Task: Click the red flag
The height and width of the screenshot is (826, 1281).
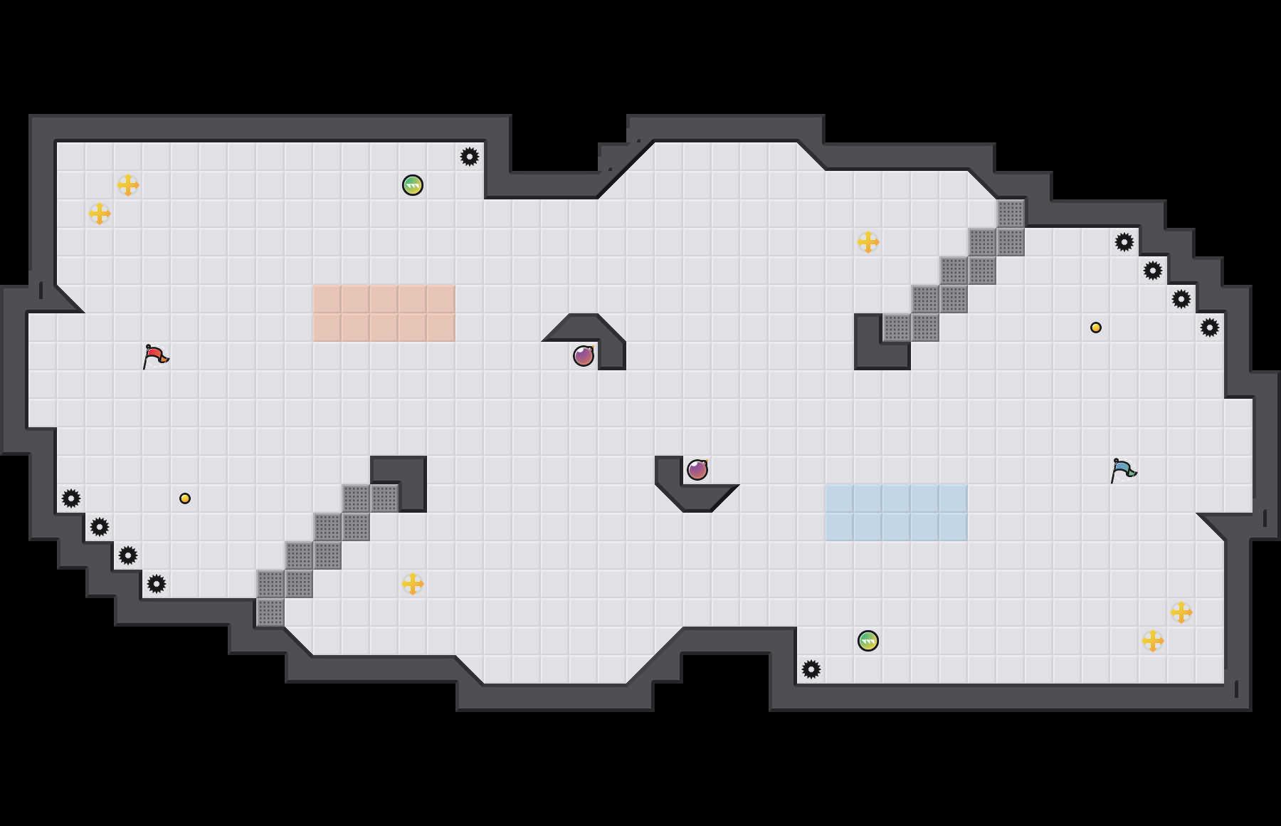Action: (x=155, y=356)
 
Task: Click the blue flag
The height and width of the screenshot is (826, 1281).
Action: (x=1123, y=470)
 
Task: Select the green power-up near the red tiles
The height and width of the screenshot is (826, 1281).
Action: (x=413, y=185)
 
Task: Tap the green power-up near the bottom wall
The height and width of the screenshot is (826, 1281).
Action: (x=868, y=641)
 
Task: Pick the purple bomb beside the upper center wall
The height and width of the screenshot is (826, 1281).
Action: (x=584, y=356)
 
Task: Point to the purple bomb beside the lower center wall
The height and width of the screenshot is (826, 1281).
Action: (x=697, y=470)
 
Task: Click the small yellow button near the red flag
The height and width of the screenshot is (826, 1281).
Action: (x=185, y=498)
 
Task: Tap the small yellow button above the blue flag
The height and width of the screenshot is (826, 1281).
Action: (x=1096, y=328)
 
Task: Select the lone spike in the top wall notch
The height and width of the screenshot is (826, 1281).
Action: (x=470, y=157)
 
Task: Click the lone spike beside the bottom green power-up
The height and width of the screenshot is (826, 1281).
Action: (x=811, y=669)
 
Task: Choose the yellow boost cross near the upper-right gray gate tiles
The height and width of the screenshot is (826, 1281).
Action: (x=868, y=242)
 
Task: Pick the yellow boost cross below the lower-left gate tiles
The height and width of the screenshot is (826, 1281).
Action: (x=413, y=584)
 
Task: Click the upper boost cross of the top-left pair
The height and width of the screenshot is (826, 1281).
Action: (x=128, y=185)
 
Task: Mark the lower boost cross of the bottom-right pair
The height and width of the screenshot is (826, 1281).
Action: (x=1153, y=641)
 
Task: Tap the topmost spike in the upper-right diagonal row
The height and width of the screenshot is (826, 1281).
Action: (x=1124, y=242)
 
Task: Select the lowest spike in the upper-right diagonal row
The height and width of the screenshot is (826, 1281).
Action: (x=1210, y=328)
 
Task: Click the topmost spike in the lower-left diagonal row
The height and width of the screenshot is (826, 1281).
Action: (x=71, y=498)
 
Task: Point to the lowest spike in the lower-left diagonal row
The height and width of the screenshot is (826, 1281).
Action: (x=157, y=584)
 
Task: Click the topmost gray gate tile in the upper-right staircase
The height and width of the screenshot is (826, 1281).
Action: (x=1011, y=214)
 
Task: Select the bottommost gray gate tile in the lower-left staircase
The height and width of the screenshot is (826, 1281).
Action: (x=270, y=612)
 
